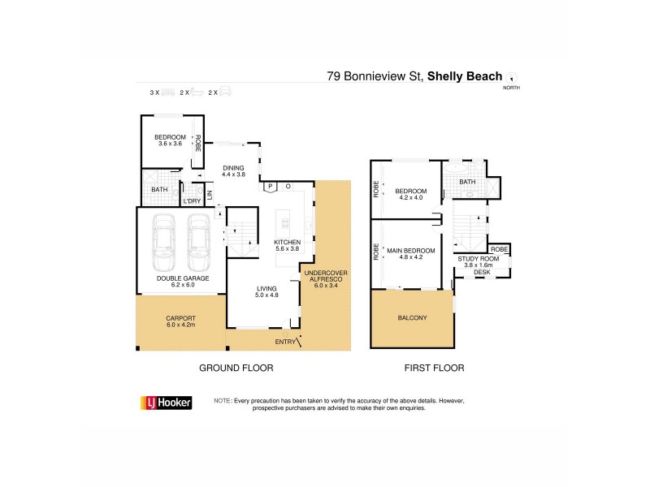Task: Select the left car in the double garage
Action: pyautogui.click(x=162, y=243)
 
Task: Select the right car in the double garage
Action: pyautogui.click(x=197, y=243)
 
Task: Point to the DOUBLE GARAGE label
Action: pyautogui.click(x=183, y=278)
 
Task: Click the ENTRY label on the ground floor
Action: pyautogui.click(x=286, y=342)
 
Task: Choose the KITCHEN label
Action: pyautogui.click(x=288, y=242)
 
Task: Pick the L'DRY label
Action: pyautogui.click(x=192, y=200)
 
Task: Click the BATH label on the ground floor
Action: pyautogui.click(x=159, y=191)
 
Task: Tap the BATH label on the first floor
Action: pyautogui.click(x=467, y=182)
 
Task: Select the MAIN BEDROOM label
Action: pyautogui.click(x=411, y=250)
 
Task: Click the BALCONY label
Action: pyautogui.click(x=413, y=317)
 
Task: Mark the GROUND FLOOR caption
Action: pyautogui.click(x=236, y=368)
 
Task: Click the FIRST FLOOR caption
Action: pyautogui.click(x=434, y=368)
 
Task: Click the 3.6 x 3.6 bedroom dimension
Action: pyautogui.click(x=171, y=144)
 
